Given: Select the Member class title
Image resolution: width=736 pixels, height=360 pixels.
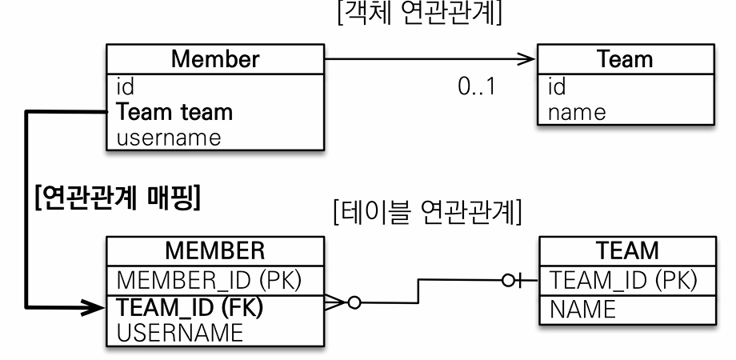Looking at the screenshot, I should click(x=214, y=59).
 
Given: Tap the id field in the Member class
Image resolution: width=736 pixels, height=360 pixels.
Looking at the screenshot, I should click(x=125, y=86).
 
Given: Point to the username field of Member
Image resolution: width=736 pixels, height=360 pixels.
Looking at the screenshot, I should click(x=168, y=137).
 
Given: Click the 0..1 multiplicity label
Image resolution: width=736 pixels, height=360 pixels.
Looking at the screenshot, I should click(x=477, y=86).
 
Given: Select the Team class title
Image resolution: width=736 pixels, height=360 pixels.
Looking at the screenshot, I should click(x=626, y=59).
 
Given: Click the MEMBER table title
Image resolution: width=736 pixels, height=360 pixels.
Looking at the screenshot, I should click(x=214, y=252).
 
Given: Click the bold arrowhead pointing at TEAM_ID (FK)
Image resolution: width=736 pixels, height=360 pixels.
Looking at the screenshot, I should click(x=95, y=306).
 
